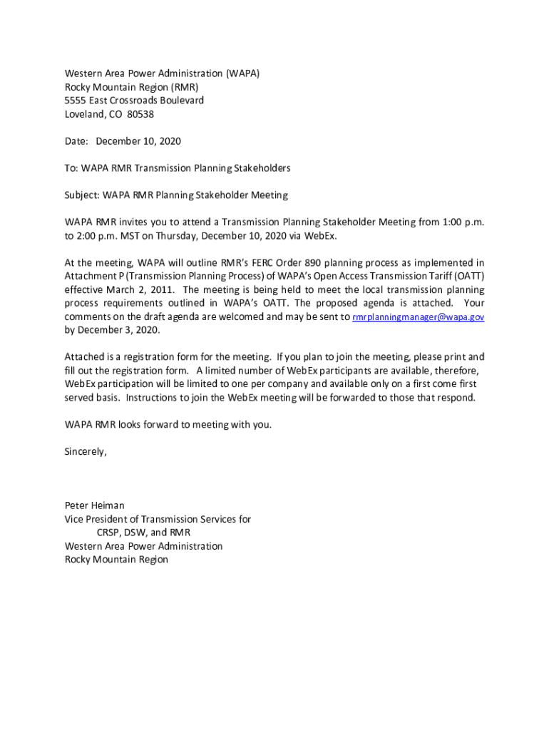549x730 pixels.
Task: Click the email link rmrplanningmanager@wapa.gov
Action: (419, 317)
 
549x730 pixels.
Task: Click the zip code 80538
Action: (140, 114)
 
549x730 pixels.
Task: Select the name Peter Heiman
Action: (94, 505)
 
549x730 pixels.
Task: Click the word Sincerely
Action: (86, 451)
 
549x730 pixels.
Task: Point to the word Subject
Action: (82, 195)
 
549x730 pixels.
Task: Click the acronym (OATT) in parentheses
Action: (468, 277)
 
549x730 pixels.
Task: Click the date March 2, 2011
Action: (145, 290)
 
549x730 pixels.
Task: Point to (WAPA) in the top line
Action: (242, 73)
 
